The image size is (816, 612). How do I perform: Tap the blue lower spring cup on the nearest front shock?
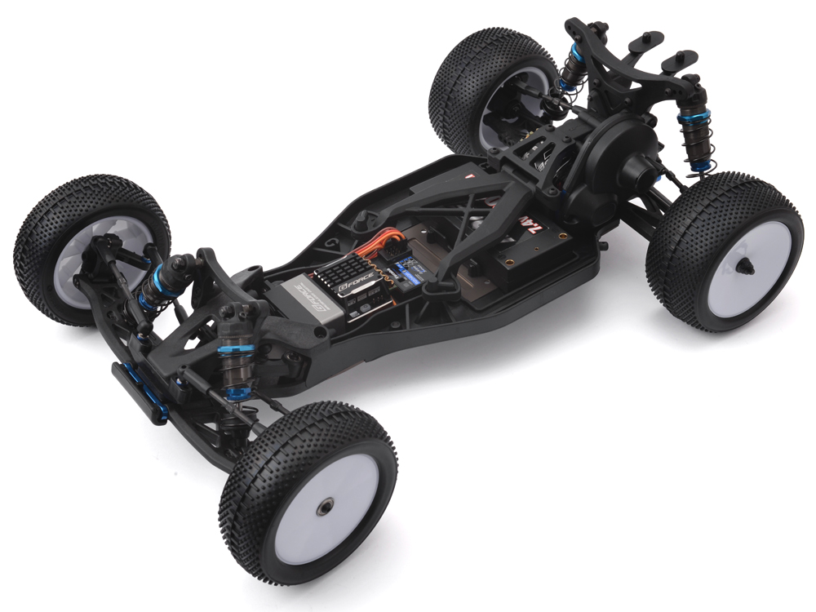tap(237, 394)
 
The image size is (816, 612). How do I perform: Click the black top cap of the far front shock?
tap(181, 261)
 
